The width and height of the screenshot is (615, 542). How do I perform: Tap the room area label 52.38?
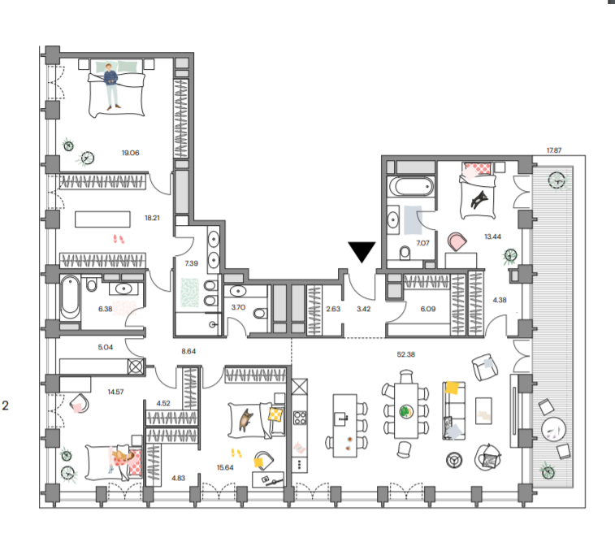(x=405, y=354)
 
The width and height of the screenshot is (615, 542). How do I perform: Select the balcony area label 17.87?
(x=554, y=150)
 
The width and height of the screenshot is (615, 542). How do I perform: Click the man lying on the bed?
(x=111, y=86)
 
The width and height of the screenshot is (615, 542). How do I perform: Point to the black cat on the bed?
(x=479, y=199)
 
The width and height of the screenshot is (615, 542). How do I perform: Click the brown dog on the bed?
(x=246, y=419)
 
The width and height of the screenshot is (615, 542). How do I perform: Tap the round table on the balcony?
(x=553, y=429)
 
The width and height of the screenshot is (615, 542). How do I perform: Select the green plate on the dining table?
(x=406, y=412)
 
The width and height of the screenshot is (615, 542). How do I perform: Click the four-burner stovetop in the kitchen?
(x=300, y=418)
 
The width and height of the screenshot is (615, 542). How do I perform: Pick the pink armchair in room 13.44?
(x=457, y=241)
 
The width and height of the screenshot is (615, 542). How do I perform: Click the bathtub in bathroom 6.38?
(x=70, y=297)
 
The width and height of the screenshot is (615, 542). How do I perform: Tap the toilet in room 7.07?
(x=405, y=253)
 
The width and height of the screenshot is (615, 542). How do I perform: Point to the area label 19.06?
(x=130, y=153)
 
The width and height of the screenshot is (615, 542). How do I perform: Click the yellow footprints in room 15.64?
(x=236, y=453)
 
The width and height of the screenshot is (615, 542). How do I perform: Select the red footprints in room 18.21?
(x=119, y=239)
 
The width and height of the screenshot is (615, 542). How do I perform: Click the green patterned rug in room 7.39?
(x=190, y=293)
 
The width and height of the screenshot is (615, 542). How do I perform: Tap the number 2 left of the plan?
(x=5, y=405)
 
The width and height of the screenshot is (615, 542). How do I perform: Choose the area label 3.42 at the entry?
(x=364, y=309)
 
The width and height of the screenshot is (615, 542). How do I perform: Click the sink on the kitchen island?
(x=340, y=418)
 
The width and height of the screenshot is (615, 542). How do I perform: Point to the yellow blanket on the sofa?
(x=452, y=388)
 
